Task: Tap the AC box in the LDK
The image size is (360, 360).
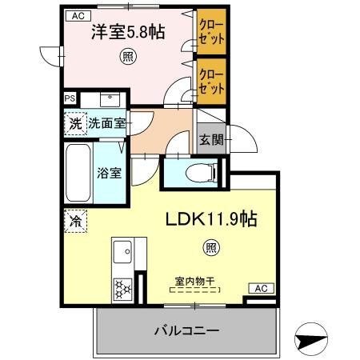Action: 258,288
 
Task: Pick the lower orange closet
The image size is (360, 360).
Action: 211,80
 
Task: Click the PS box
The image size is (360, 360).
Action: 70,99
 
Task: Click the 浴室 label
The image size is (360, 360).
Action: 109,172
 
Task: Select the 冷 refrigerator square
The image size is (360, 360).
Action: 74,218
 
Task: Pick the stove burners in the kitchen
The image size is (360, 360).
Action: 124,287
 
